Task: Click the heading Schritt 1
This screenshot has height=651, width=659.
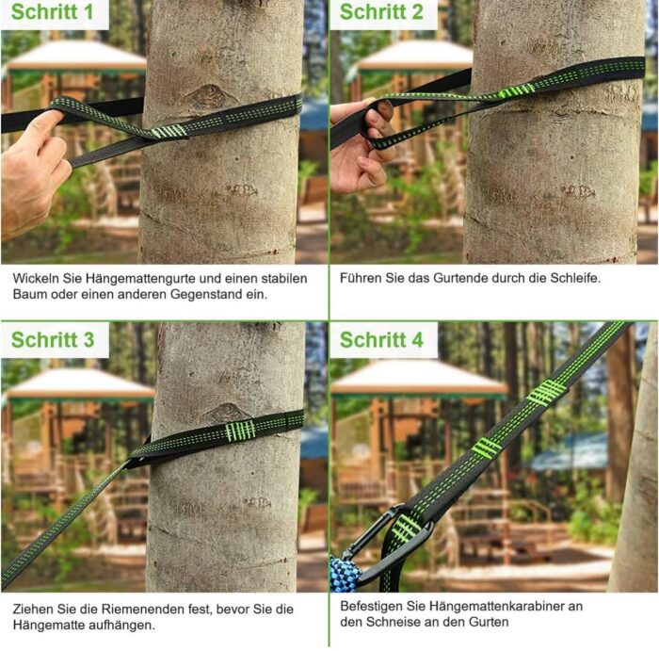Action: (52, 11)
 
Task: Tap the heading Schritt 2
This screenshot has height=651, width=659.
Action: (381, 11)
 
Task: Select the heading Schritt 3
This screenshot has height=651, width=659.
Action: (53, 339)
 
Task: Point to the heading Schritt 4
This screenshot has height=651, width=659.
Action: (381, 339)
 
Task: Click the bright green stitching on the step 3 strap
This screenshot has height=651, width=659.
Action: (240, 431)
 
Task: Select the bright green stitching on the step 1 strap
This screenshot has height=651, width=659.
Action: (169, 132)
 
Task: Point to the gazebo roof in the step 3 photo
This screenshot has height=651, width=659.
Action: (81, 384)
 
